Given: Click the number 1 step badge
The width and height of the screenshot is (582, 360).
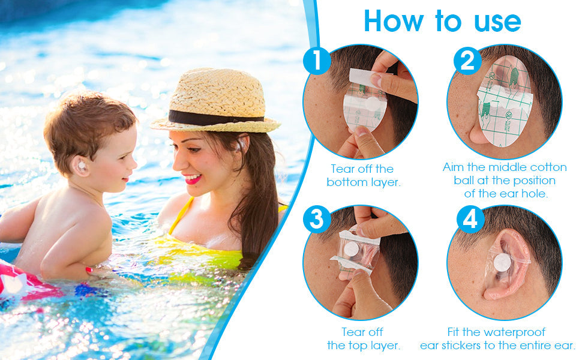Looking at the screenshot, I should point(317,61).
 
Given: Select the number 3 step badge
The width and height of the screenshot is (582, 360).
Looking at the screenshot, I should point(317,220).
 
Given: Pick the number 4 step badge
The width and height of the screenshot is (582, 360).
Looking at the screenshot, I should point(470,220).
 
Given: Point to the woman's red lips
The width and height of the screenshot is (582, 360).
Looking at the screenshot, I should point(193,179).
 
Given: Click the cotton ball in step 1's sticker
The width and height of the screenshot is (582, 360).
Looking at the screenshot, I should point(373,104).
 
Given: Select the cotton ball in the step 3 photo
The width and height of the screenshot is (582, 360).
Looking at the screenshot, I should point(351,249).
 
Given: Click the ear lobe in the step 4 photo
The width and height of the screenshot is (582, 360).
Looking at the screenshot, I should point(495,293).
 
